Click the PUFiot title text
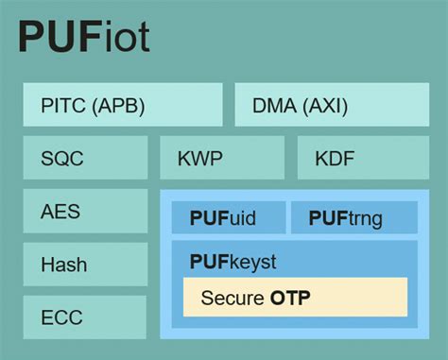(84, 39)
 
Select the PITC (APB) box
(123, 105)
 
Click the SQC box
(85, 158)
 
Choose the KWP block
(221, 158)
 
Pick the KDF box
(363, 158)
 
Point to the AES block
(85, 211)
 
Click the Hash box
(85, 265)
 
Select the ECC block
(85, 317)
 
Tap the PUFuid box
(227, 218)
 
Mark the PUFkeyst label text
(233, 261)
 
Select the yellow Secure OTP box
(295, 298)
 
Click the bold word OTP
(290, 299)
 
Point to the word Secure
(232, 299)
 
